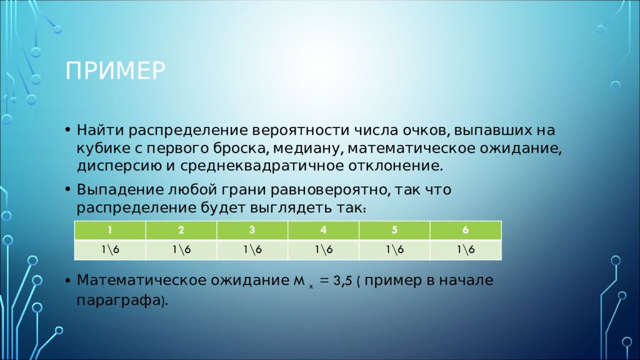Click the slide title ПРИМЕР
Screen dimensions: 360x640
116,71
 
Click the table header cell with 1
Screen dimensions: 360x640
110,230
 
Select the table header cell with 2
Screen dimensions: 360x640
181,230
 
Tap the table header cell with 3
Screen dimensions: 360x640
252,230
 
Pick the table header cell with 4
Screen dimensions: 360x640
324,230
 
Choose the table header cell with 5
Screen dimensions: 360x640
394,230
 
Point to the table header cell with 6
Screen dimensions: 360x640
466,230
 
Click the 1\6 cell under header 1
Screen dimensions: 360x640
110,249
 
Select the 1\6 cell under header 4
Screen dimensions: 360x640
324,249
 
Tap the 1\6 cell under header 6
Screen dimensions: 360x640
466,249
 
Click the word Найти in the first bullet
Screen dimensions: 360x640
97,131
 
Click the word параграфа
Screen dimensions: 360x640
119,301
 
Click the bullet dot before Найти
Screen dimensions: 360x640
67,131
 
